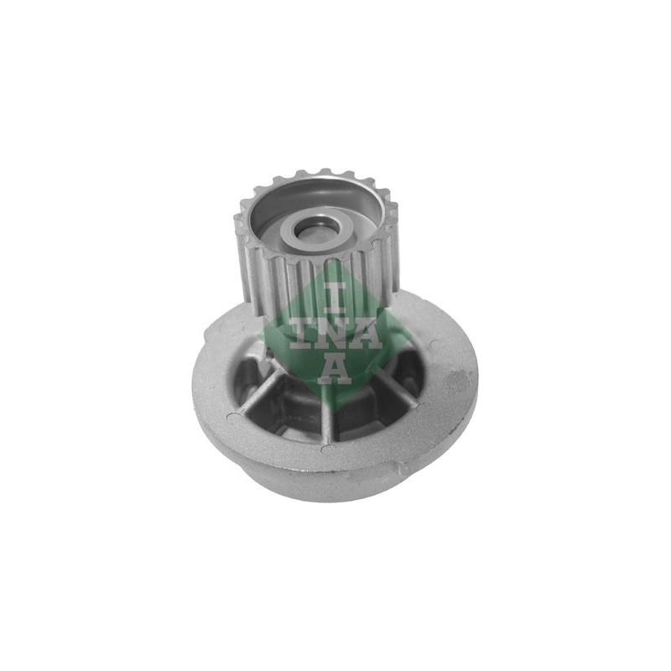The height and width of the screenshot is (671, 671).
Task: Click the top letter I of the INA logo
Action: (335, 297)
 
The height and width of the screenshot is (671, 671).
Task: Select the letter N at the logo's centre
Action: (335, 332)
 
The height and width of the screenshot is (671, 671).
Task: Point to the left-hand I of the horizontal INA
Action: (301, 332)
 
